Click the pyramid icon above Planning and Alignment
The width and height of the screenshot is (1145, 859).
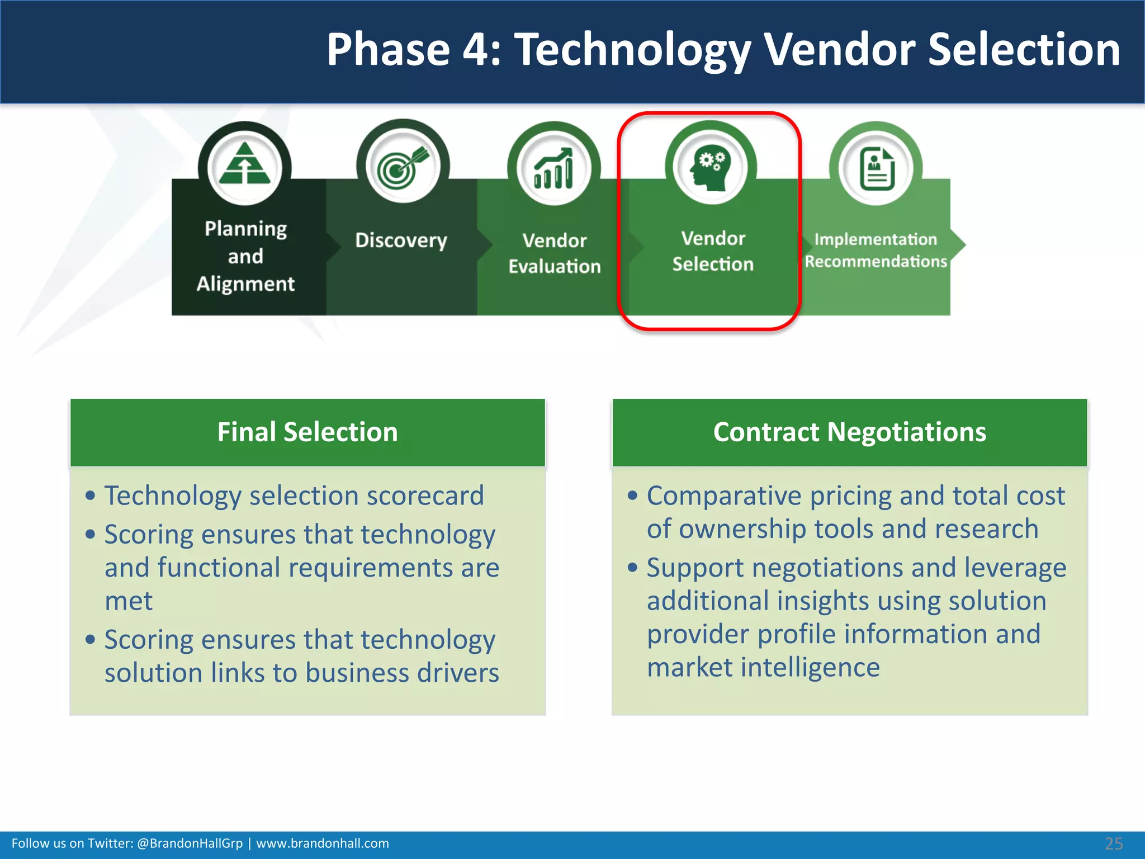pos(245,166)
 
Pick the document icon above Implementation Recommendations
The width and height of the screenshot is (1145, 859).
pos(876,169)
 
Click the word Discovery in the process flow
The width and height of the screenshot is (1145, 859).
pos(401,240)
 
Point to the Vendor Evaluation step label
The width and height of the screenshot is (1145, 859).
pos(554,253)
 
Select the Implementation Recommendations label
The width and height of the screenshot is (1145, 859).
pos(876,250)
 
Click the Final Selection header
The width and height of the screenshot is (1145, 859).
pos(307,432)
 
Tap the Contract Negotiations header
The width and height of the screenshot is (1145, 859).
pos(849,432)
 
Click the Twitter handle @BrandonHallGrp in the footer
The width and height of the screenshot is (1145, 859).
pos(190,843)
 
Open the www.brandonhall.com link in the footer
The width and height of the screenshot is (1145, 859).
pos(323,843)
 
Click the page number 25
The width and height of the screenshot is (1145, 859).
pos(1113,844)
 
